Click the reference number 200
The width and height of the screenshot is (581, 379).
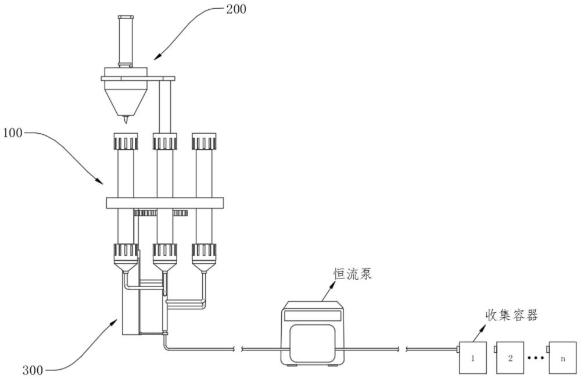tap(236, 9)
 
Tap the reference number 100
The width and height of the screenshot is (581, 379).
tap(13, 133)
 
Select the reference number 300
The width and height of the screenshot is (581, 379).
tap(33, 370)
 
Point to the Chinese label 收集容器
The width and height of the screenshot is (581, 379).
tap(511, 315)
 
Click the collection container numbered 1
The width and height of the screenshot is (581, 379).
tap(473, 357)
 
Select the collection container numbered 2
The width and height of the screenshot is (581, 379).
tap(510, 357)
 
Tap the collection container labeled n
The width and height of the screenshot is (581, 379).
tap(562, 357)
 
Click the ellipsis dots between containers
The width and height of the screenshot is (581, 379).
tap(536, 358)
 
